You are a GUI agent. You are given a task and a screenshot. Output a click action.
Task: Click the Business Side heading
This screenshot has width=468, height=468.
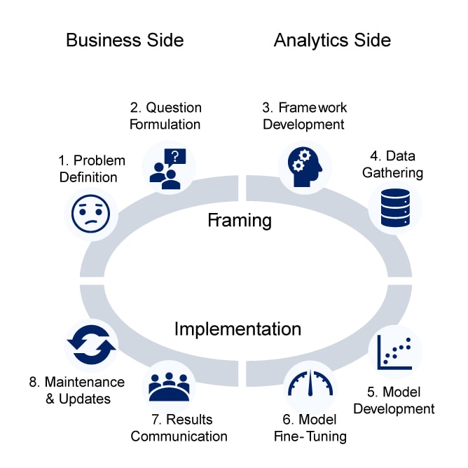coord(125,40)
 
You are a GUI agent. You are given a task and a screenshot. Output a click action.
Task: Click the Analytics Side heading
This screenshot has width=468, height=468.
coord(332,40)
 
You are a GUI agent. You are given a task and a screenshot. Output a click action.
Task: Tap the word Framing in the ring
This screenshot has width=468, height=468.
coord(240,221)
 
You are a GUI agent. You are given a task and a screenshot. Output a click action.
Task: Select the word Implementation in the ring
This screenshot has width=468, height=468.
coord(238,329)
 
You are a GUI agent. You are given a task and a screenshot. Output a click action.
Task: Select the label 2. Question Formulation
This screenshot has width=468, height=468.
coord(165,116)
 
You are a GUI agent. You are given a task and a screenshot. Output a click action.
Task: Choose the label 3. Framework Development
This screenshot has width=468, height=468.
coord(304,116)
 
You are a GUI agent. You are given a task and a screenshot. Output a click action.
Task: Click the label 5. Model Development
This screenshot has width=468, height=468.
coord(394,400)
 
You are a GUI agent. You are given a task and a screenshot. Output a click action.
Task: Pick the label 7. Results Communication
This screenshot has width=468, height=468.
coord(179,427)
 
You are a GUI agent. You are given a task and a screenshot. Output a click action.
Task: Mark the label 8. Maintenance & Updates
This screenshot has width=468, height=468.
coord(77,390)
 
